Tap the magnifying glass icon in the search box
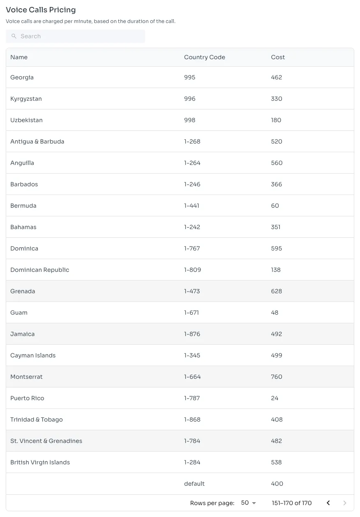click(x=14, y=36)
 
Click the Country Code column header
click(x=204, y=57)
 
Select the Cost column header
click(x=278, y=57)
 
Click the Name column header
click(x=19, y=57)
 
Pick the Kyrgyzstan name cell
click(x=26, y=99)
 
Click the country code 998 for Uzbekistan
click(x=189, y=120)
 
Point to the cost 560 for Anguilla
click(x=277, y=163)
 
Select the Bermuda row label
click(x=23, y=206)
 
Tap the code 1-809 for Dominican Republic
click(x=192, y=270)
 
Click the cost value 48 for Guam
click(x=275, y=313)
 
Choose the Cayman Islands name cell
click(x=33, y=355)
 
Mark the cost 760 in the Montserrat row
click(x=277, y=377)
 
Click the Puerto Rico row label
click(x=27, y=398)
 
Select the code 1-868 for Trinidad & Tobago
click(x=192, y=420)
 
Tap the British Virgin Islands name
click(x=40, y=462)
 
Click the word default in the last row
click(x=194, y=484)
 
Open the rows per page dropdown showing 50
click(x=249, y=503)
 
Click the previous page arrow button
click(x=328, y=503)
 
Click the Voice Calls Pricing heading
click(x=41, y=10)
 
